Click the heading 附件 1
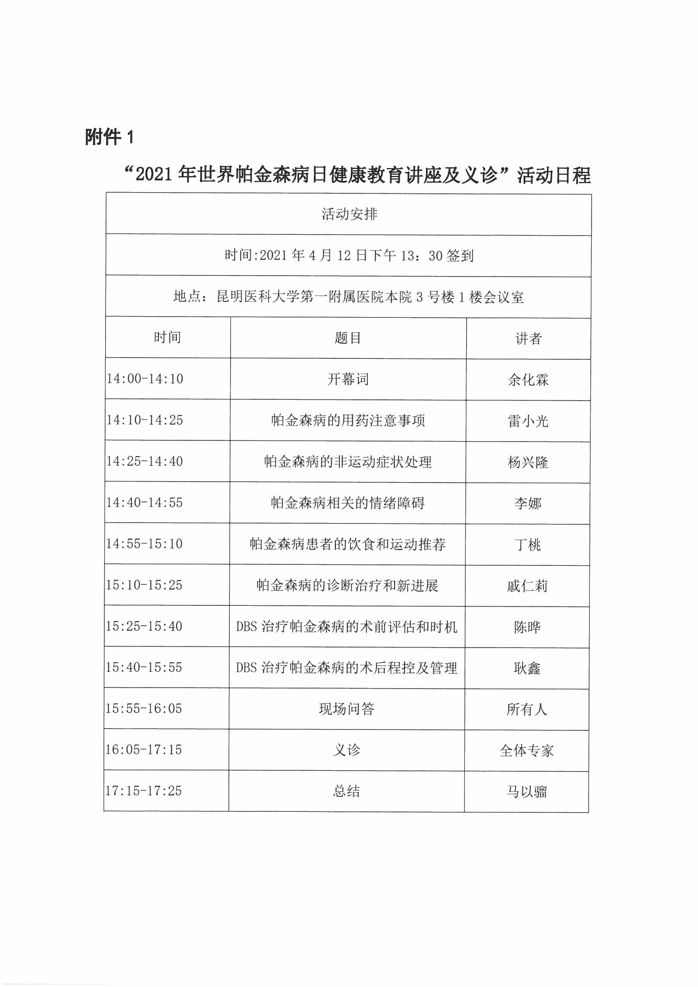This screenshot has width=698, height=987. coord(110,137)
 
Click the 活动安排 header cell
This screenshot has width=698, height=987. coord(349,214)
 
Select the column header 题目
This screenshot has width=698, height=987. coord(348,338)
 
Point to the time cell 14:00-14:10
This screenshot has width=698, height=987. coord(145,379)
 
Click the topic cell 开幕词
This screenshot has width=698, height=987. coord(348,379)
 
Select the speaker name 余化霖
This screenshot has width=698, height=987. coord(528,380)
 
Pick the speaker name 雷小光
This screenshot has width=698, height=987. coord(528,421)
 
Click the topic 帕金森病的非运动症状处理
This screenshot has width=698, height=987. coord(348,462)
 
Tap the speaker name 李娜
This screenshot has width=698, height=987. coord(527,503)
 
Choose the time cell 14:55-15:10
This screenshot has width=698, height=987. coord(144,544)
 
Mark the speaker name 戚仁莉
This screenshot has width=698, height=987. coord(527,586)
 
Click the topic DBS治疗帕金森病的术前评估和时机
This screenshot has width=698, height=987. coord(347,627)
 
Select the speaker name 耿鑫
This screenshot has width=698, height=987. coord(527,668)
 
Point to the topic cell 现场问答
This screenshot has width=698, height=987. coord(347,709)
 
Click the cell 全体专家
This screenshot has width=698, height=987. coord(527,751)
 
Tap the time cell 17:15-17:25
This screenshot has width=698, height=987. coord(144,791)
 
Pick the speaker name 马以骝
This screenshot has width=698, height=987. coord(527,792)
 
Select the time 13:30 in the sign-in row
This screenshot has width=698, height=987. coord(421,256)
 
